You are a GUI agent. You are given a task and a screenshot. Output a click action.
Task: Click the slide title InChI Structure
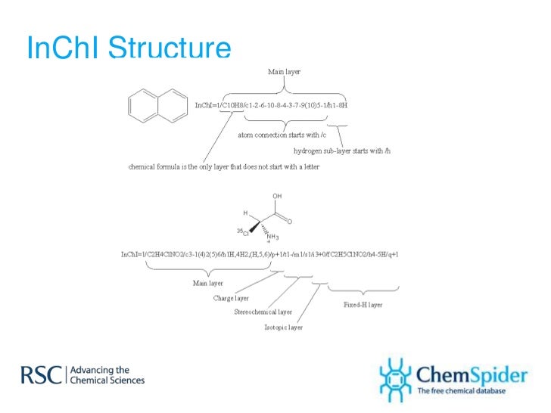(x=128, y=48)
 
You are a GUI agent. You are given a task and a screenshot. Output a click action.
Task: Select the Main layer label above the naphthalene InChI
(x=284, y=72)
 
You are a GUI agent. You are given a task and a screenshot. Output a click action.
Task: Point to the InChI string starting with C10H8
(x=271, y=105)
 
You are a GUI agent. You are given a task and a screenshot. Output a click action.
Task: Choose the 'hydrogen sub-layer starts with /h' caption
(x=341, y=151)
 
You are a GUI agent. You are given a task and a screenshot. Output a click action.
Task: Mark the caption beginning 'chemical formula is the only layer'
(x=223, y=166)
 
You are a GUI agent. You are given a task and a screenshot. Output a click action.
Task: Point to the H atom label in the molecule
(x=245, y=213)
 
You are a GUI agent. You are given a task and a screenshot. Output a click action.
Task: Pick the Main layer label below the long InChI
(x=207, y=283)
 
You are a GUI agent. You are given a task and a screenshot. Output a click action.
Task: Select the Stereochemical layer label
(x=263, y=312)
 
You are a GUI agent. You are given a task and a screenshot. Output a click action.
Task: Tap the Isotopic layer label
(x=283, y=328)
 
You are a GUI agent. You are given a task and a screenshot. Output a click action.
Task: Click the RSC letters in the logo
(x=42, y=375)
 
